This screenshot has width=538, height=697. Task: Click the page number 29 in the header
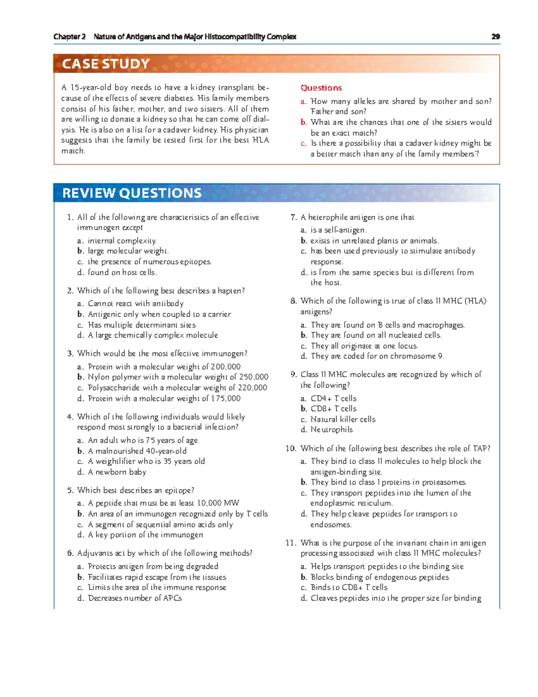[x=495, y=37]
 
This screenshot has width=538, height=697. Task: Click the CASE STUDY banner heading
[x=106, y=64]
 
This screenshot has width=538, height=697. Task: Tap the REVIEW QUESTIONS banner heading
[x=132, y=193]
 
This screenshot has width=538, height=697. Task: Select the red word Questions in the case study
[x=321, y=88]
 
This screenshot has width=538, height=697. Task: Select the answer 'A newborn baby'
[x=117, y=472]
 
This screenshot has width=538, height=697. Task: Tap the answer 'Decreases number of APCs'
[x=134, y=598]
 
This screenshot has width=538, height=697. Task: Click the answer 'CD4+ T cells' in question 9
[x=334, y=398]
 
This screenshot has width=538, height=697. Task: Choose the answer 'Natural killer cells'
[x=343, y=419]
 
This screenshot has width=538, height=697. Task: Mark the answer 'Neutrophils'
[x=332, y=430]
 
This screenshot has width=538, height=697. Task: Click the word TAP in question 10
[x=480, y=448]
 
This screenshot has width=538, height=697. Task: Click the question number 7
[x=293, y=217]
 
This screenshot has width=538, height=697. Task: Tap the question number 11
[x=291, y=543]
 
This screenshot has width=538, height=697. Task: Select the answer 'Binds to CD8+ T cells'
[x=349, y=587]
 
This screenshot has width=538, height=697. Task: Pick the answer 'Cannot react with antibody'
[x=135, y=303]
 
